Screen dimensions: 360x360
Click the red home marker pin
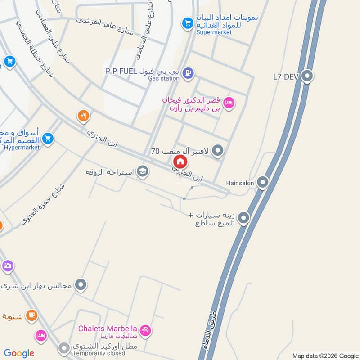point(180,162)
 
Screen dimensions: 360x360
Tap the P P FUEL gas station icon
point(189,72)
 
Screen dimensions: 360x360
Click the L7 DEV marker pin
point(307,76)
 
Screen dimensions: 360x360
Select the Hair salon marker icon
point(262,183)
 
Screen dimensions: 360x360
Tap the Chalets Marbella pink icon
point(145,331)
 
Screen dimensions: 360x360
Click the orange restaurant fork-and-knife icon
point(83,116)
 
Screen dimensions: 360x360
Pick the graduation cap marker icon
point(143,172)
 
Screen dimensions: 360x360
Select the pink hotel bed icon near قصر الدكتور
point(229,103)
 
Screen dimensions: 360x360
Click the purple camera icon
point(7,266)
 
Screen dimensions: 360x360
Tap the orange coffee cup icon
point(31,315)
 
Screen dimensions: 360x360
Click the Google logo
point(19,353)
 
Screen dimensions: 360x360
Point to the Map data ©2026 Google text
point(324,355)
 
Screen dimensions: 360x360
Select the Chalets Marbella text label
point(108,329)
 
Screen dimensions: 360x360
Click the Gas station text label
point(164,78)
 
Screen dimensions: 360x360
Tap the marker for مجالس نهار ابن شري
point(81,284)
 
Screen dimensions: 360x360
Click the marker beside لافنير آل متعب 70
point(217,151)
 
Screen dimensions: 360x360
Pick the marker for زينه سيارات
point(243,218)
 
